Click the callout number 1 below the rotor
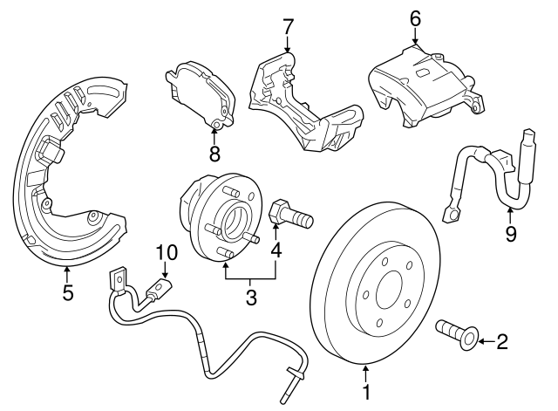tap(366, 394)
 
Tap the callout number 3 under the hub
tap(251, 298)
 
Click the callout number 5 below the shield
tap(67, 292)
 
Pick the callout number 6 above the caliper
tap(414, 17)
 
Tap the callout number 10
tap(167, 253)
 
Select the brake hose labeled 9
tap(488, 175)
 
